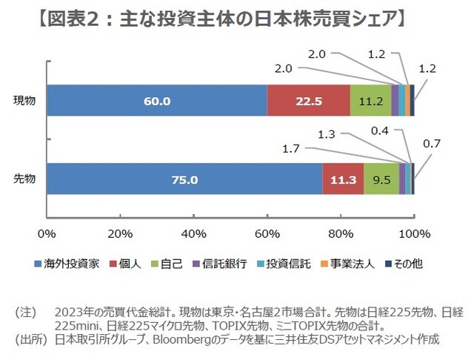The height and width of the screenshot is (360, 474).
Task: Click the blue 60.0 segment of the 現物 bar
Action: (156, 101)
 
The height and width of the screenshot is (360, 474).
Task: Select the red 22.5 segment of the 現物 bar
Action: (308, 101)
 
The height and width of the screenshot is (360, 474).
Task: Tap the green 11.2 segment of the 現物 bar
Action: (370, 101)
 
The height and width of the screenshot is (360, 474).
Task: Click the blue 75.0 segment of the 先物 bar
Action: (184, 179)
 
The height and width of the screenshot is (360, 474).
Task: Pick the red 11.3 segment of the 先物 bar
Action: (343, 179)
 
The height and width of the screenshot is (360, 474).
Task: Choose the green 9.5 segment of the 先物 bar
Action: (381, 179)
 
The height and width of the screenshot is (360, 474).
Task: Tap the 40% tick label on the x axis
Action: (193, 235)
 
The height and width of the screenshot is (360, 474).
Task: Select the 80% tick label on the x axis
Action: (340, 235)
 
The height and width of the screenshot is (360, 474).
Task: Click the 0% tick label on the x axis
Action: (47, 235)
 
